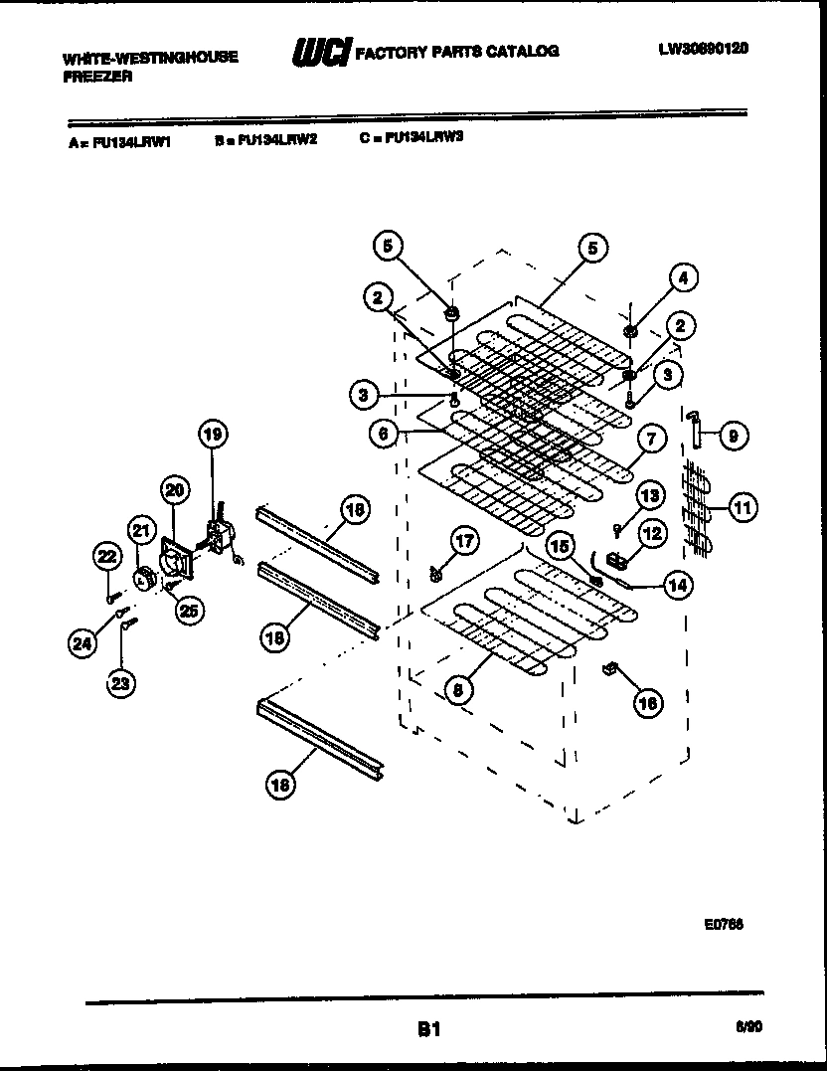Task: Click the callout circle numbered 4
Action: tap(683, 279)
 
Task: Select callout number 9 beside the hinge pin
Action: tap(734, 435)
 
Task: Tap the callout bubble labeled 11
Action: tap(742, 508)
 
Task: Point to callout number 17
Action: tap(464, 541)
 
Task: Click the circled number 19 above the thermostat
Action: tap(211, 433)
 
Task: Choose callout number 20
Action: tap(175, 489)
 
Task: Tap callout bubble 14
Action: tap(677, 586)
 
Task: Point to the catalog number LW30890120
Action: tap(703, 48)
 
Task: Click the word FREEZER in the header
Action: tap(97, 77)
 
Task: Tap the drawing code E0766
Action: tap(724, 924)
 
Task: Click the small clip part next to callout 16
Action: tap(610, 671)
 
